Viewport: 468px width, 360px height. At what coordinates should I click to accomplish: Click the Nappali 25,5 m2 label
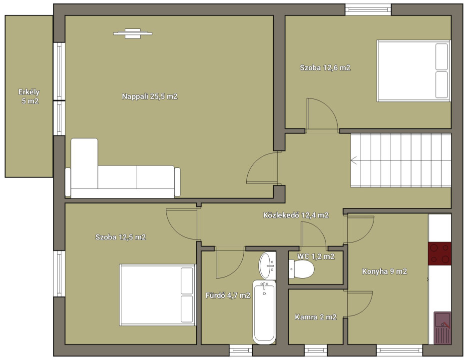[149, 96]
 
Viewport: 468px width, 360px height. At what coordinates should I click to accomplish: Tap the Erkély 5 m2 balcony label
[29, 96]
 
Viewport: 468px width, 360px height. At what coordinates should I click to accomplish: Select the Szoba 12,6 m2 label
[325, 67]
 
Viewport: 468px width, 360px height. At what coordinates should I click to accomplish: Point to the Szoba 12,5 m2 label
[120, 237]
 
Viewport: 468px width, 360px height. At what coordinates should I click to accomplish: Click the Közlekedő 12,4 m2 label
[296, 215]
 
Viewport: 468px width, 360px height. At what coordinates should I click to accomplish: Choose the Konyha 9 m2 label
[385, 271]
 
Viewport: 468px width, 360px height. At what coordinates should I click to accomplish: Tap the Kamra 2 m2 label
[316, 317]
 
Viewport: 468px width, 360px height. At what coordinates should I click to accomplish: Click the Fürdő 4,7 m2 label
[228, 295]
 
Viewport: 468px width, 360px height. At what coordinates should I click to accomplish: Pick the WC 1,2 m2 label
[316, 256]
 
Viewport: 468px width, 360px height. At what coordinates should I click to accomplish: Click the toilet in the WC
[301, 269]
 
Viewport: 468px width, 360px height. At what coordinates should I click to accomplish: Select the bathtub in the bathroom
[264, 311]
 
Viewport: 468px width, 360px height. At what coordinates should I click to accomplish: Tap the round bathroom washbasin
[267, 265]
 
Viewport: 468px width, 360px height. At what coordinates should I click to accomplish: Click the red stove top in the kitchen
[440, 253]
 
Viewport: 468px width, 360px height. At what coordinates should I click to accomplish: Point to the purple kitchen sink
[443, 328]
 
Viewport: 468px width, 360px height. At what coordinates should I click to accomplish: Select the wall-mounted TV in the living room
[132, 33]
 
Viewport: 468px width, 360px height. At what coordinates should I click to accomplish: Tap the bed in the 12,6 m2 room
[414, 71]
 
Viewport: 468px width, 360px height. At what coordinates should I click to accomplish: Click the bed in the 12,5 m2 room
[158, 295]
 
